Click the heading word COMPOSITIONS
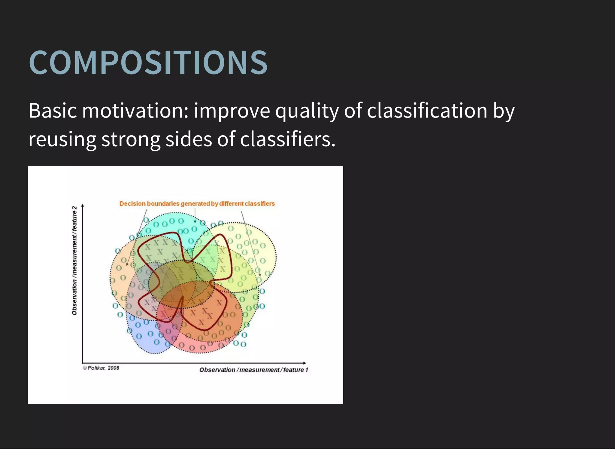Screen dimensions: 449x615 tap(148, 62)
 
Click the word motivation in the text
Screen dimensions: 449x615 tap(135, 111)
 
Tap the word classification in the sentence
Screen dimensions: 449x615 tap(427, 111)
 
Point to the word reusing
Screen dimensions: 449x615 tap(62, 139)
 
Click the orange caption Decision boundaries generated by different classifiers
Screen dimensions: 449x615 tap(197, 203)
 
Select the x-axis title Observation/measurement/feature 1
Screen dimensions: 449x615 tap(254, 370)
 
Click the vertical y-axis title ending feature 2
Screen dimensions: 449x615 tap(74, 260)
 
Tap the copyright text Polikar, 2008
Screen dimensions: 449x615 tap(101, 368)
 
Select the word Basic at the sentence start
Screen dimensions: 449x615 tap(53, 111)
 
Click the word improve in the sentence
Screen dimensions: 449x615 tap(232, 111)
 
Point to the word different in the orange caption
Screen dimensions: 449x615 tap(231, 203)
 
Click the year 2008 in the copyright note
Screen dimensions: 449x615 tap(114, 368)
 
